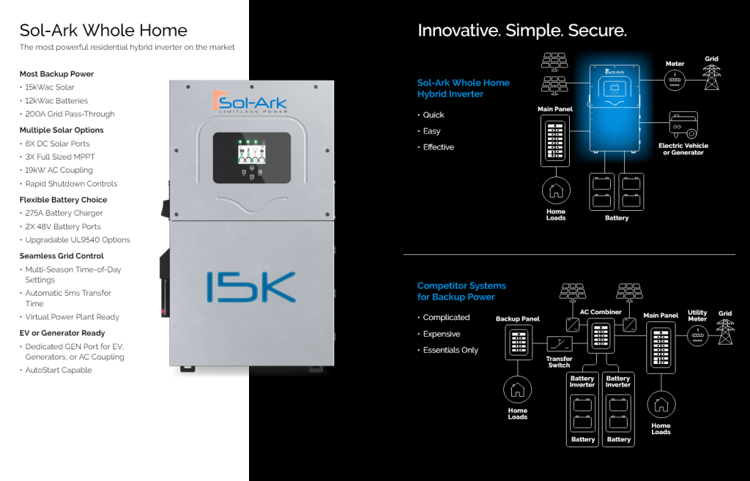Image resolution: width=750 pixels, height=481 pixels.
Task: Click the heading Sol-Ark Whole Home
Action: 103,31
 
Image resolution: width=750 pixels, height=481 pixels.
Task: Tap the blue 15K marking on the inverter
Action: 250,287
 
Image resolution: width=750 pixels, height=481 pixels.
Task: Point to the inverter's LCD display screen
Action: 251,153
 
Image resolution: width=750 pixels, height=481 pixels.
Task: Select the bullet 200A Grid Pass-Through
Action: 70,114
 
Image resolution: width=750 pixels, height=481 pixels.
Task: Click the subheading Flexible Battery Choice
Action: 63,200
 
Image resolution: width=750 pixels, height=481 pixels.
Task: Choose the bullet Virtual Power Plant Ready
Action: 72,317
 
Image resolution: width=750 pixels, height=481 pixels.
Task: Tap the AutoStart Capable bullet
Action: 59,370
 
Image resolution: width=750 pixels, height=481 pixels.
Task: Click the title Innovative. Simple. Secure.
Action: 521,31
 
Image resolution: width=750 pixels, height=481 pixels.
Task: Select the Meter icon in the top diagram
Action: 675,81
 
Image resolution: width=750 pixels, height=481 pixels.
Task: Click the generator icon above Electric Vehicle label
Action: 683,126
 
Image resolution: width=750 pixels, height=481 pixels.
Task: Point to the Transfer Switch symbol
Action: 560,343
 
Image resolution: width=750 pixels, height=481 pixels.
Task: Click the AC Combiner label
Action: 601,312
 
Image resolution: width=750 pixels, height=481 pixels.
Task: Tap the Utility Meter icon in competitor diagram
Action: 697,336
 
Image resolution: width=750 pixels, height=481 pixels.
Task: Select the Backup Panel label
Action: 518,319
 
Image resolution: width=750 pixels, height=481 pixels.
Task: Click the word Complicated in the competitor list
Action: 446,318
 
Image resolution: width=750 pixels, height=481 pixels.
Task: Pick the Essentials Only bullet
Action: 450,350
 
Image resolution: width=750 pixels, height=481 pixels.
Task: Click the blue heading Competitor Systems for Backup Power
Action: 461,291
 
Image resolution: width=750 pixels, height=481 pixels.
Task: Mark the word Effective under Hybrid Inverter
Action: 438,147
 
